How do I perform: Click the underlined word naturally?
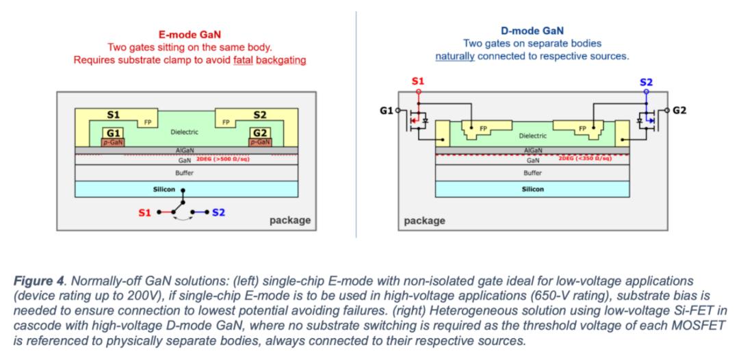[x=455, y=55]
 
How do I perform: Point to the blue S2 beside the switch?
[x=218, y=213]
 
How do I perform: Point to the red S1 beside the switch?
[x=144, y=213]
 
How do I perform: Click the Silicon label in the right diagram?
[x=532, y=189]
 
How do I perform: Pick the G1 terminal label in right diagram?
[x=385, y=110]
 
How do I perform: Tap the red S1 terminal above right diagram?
[x=418, y=81]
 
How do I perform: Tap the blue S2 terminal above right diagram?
[x=646, y=81]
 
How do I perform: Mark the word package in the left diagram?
[x=291, y=220]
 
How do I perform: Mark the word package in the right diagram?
[x=425, y=220]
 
